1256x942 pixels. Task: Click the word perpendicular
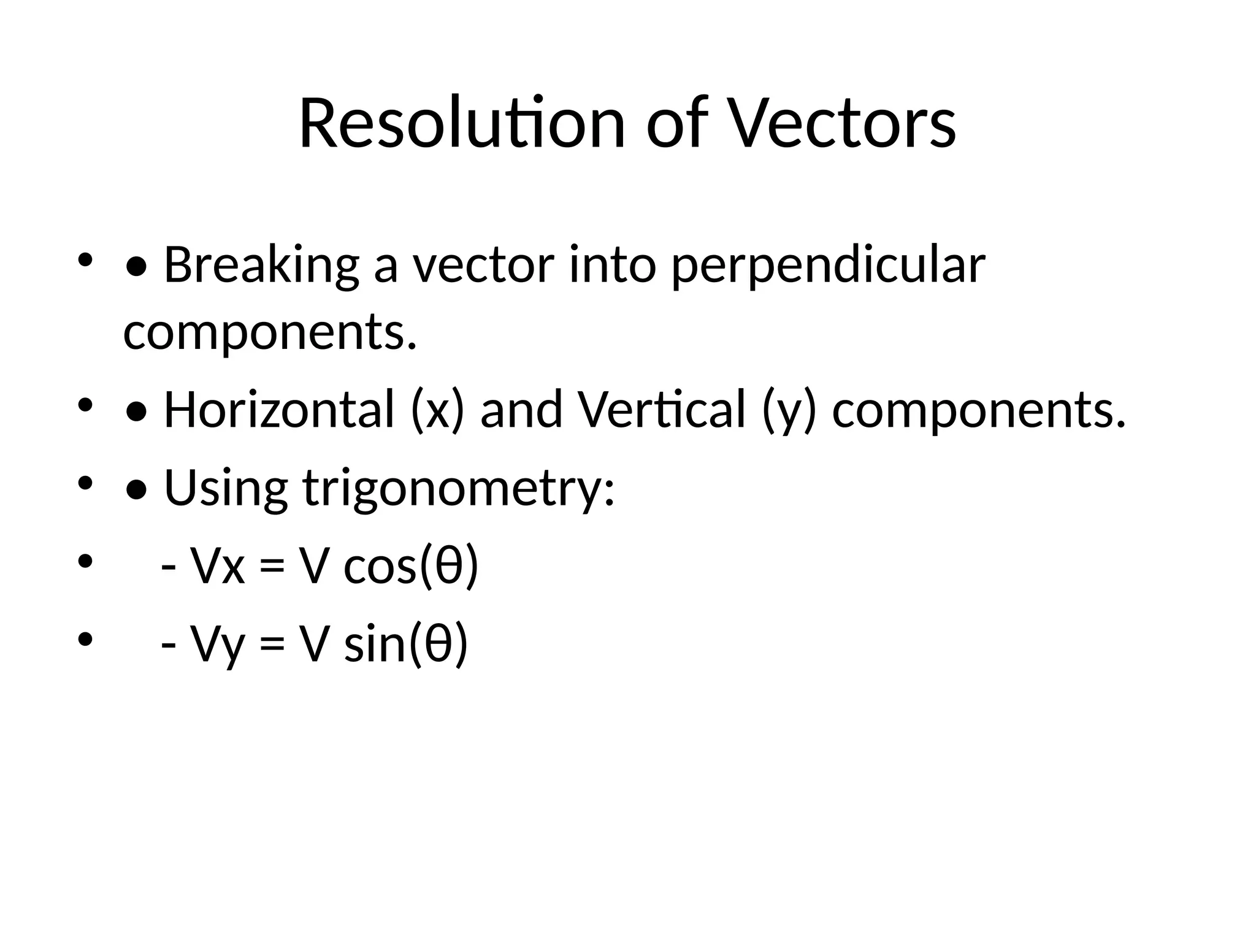click(x=828, y=266)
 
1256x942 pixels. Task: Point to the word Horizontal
click(x=279, y=410)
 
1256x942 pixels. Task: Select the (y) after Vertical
click(x=789, y=410)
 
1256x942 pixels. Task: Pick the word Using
click(x=226, y=489)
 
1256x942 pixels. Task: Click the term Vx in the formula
click(x=218, y=566)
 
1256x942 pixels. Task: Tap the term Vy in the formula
click(x=218, y=645)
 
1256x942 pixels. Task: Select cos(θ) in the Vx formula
click(x=410, y=566)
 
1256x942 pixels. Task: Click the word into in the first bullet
click(x=613, y=266)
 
